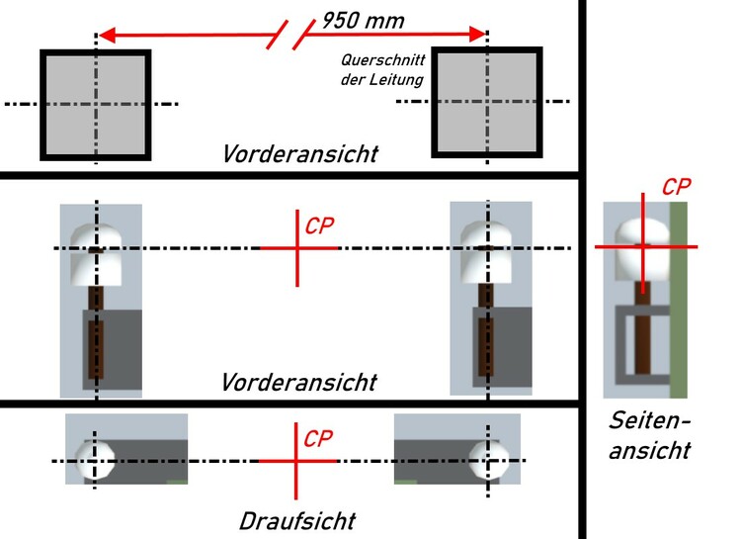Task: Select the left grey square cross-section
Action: tap(96, 104)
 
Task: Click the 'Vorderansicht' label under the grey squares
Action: tap(299, 154)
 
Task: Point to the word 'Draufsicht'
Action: tap(296, 520)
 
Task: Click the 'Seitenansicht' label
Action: tap(648, 436)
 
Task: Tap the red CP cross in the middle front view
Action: tap(297, 247)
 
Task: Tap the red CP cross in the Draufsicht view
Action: tap(297, 462)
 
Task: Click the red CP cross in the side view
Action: tap(644, 244)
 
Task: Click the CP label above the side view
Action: tap(676, 185)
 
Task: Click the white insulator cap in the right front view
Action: tap(489, 250)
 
